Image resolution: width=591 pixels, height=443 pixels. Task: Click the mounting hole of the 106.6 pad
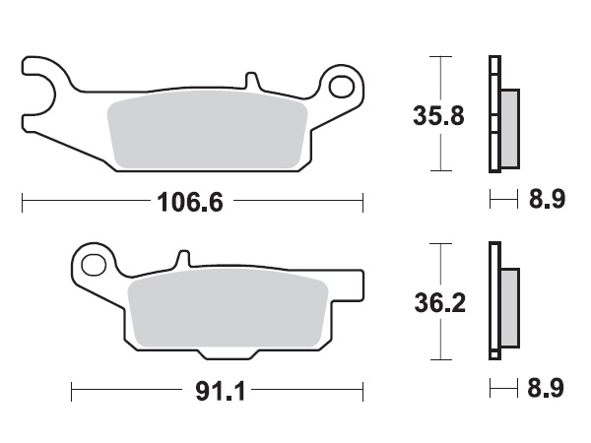(342, 87)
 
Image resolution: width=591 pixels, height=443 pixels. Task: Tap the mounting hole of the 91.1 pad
(94, 264)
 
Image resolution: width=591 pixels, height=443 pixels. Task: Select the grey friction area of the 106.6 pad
(207, 133)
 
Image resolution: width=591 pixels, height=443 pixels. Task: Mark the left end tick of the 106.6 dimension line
(23, 204)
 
